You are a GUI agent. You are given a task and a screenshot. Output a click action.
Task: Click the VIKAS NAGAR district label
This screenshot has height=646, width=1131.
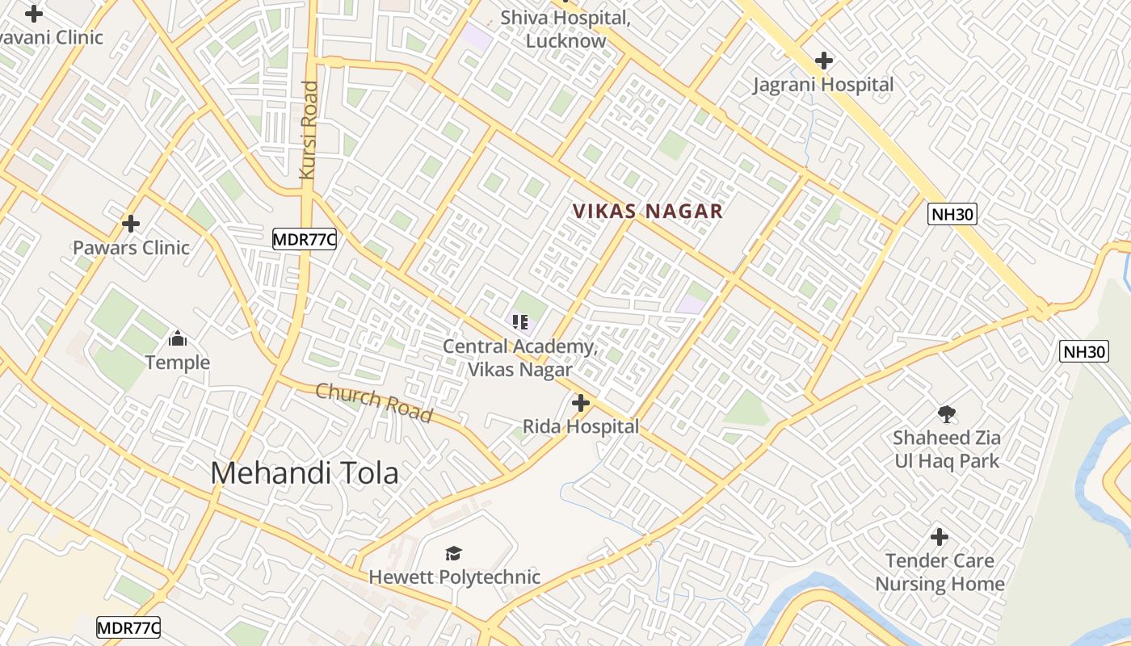pos(647,212)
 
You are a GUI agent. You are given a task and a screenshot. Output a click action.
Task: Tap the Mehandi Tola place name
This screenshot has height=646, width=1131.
pos(305,473)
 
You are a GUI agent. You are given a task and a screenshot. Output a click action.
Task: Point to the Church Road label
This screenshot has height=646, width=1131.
pos(374,402)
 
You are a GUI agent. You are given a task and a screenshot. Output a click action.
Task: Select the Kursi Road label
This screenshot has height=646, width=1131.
pos(309,129)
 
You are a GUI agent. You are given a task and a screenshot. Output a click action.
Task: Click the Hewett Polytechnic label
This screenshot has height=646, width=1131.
pos(454,577)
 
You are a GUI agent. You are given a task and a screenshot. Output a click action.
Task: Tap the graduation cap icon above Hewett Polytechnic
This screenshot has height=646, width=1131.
pos(454,553)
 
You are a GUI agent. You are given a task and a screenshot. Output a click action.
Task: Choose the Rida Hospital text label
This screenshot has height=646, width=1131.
pos(581,426)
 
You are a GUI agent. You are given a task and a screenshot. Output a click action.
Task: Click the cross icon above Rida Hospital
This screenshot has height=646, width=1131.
pos(581,402)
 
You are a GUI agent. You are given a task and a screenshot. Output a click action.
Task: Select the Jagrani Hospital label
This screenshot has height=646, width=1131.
pos(823,85)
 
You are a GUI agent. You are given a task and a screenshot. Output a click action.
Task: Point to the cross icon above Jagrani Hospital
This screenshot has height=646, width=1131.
pos(824,61)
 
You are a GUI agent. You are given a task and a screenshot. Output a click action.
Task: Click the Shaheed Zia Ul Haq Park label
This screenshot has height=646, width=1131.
pos(946,450)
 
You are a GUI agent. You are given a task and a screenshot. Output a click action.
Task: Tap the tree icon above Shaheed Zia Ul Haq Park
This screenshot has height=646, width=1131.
pos(947,414)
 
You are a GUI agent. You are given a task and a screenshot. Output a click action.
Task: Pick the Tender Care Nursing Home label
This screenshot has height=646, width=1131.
pos(940,573)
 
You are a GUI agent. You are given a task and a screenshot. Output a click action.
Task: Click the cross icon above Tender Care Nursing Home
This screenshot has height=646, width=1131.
pos(940,537)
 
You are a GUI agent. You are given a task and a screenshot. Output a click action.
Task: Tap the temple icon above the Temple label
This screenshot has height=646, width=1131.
pos(178,338)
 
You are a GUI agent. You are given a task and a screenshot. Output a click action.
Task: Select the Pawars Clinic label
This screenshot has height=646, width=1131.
pos(131,248)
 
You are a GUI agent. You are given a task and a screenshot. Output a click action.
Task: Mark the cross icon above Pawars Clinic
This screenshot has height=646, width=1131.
pos(131,224)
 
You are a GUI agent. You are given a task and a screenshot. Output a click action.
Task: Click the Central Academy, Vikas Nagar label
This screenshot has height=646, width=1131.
pos(519,359)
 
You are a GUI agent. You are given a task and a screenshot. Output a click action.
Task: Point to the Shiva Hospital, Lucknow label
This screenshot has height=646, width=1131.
pos(565,29)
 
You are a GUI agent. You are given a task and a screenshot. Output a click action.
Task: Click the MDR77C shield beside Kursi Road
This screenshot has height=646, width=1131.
pos(304,239)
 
